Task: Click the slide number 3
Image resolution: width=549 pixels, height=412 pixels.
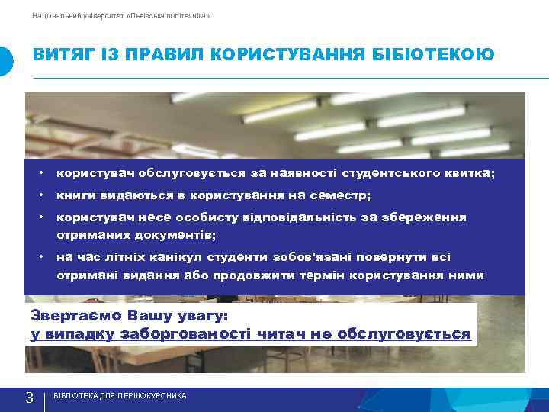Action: pos(29,398)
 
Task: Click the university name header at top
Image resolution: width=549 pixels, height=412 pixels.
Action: pos(122,15)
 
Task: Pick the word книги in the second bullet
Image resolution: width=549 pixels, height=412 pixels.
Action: pos(74,195)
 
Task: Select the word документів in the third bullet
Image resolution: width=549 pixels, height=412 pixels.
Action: pos(177,234)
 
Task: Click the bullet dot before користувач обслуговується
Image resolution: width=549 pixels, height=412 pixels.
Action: pos(47,173)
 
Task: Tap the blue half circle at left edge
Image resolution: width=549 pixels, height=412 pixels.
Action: pos(5,61)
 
